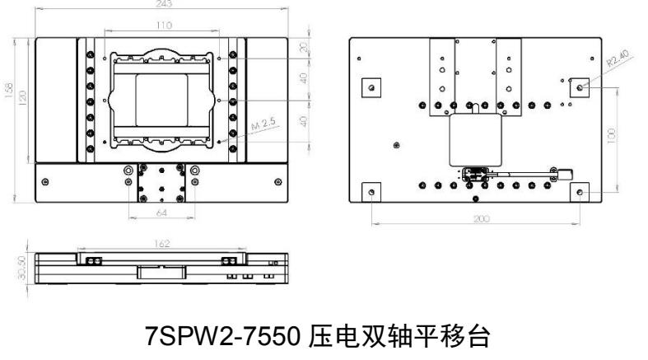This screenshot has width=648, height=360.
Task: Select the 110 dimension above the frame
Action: coord(164,26)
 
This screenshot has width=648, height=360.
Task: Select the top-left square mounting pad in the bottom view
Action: coord(373,88)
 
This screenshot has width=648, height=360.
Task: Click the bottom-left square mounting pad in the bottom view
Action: coord(373,192)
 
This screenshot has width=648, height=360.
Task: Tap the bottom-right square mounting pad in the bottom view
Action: coord(582,192)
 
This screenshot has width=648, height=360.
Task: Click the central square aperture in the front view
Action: coord(163,98)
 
